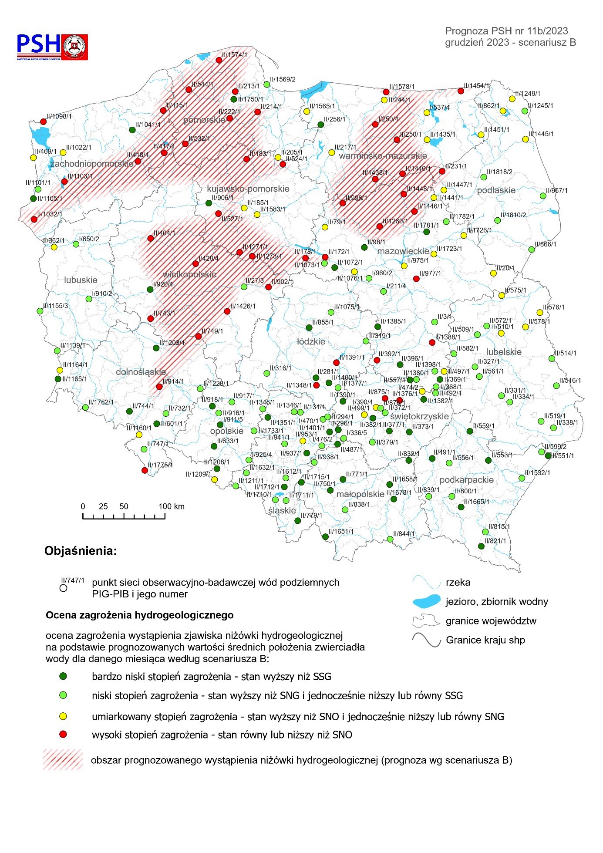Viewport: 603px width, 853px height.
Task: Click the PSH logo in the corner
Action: [x=52, y=47]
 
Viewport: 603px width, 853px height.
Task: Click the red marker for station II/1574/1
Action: [x=219, y=60]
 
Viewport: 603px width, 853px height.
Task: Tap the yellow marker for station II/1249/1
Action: [x=512, y=99]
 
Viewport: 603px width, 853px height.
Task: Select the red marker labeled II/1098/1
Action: [x=43, y=121]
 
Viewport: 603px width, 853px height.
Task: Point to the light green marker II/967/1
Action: [x=543, y=196]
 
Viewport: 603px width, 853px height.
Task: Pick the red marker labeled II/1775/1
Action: [x=145, y=470]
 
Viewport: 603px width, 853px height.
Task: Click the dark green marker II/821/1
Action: [x=481, y=546]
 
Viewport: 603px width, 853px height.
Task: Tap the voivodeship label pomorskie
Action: [x=204, y=120]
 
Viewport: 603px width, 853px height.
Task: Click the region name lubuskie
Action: [x=81, y=280]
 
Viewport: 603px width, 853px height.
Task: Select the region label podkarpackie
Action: [x=466, y=480]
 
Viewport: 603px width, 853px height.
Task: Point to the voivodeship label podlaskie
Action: [x=496, y=190]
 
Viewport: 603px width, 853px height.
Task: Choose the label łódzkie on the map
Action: [x=311, y=341]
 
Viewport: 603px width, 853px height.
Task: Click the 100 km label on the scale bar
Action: [x=172, y=506]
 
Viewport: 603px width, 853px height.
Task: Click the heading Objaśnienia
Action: [x=81, y=551]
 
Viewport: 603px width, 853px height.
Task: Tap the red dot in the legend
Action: [x=63, y=735]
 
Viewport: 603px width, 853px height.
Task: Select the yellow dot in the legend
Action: [x=63, y=716]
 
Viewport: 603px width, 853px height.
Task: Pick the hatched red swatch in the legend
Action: [x=63, y=760]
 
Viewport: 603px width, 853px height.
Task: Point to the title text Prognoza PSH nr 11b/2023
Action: [x=506, y=31]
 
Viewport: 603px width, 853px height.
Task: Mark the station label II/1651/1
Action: [x=341, y=532]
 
